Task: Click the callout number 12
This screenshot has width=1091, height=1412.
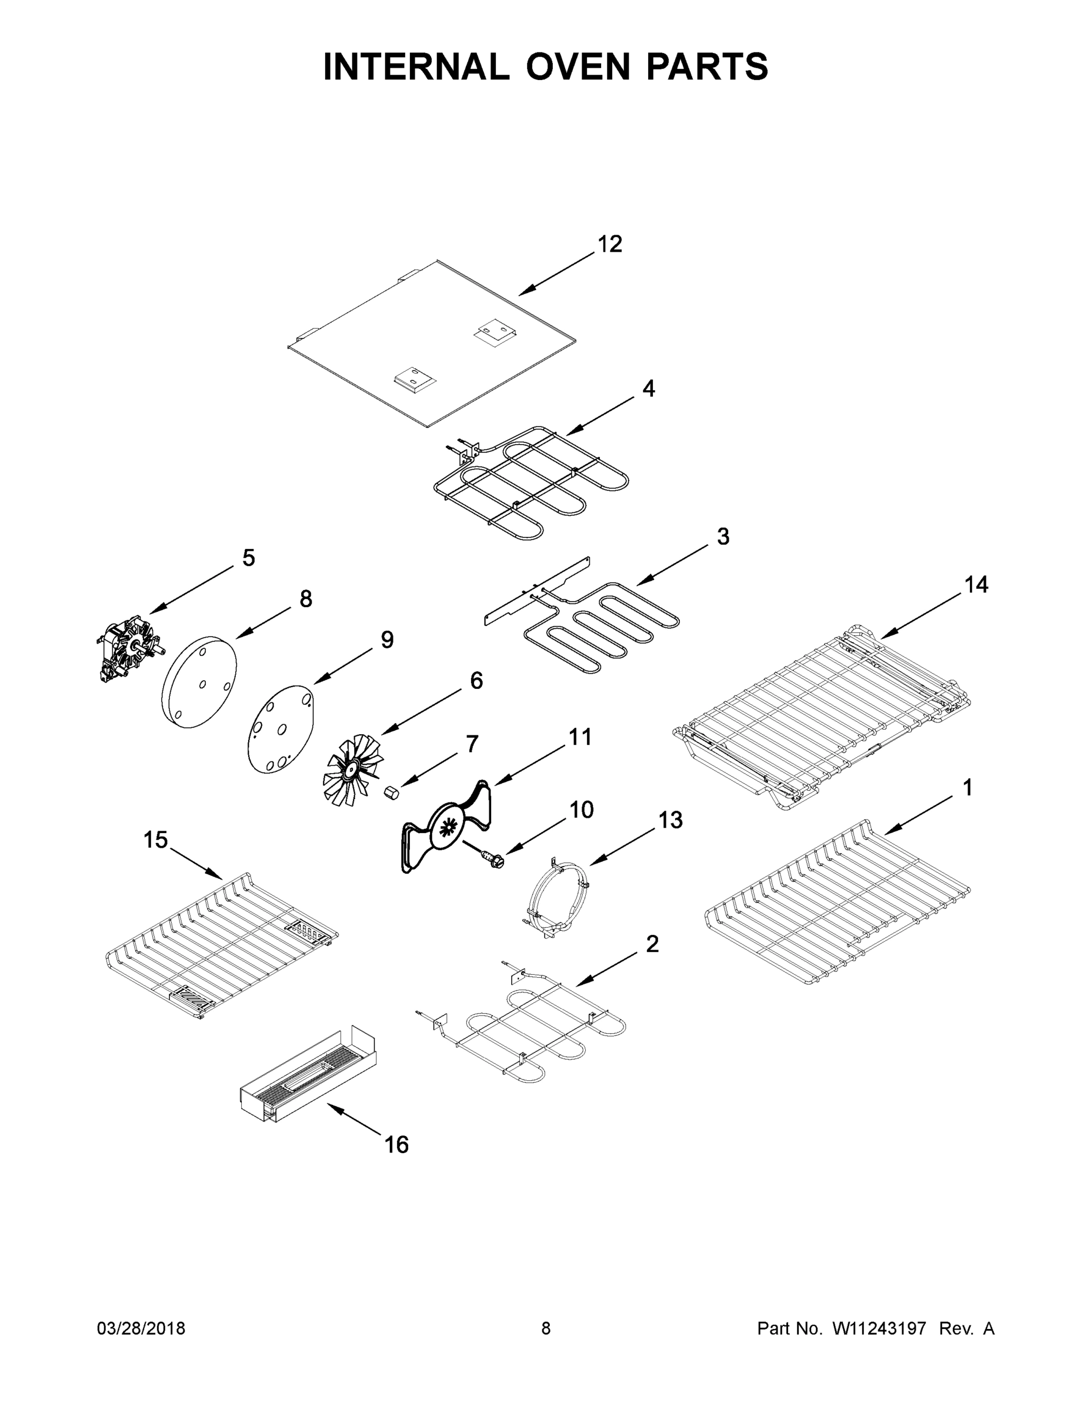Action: [609, 244]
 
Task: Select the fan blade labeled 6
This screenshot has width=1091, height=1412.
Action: [352, 770]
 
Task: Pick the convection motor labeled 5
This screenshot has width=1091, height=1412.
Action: [129, 648]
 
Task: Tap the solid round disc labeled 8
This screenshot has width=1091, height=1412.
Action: [199, 682]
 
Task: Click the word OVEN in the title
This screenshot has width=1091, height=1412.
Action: [578, 66]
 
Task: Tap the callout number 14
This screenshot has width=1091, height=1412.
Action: [976, 585]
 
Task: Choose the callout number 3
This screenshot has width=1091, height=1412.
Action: [723, 537]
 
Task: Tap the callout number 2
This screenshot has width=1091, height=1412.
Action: [652, 944]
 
